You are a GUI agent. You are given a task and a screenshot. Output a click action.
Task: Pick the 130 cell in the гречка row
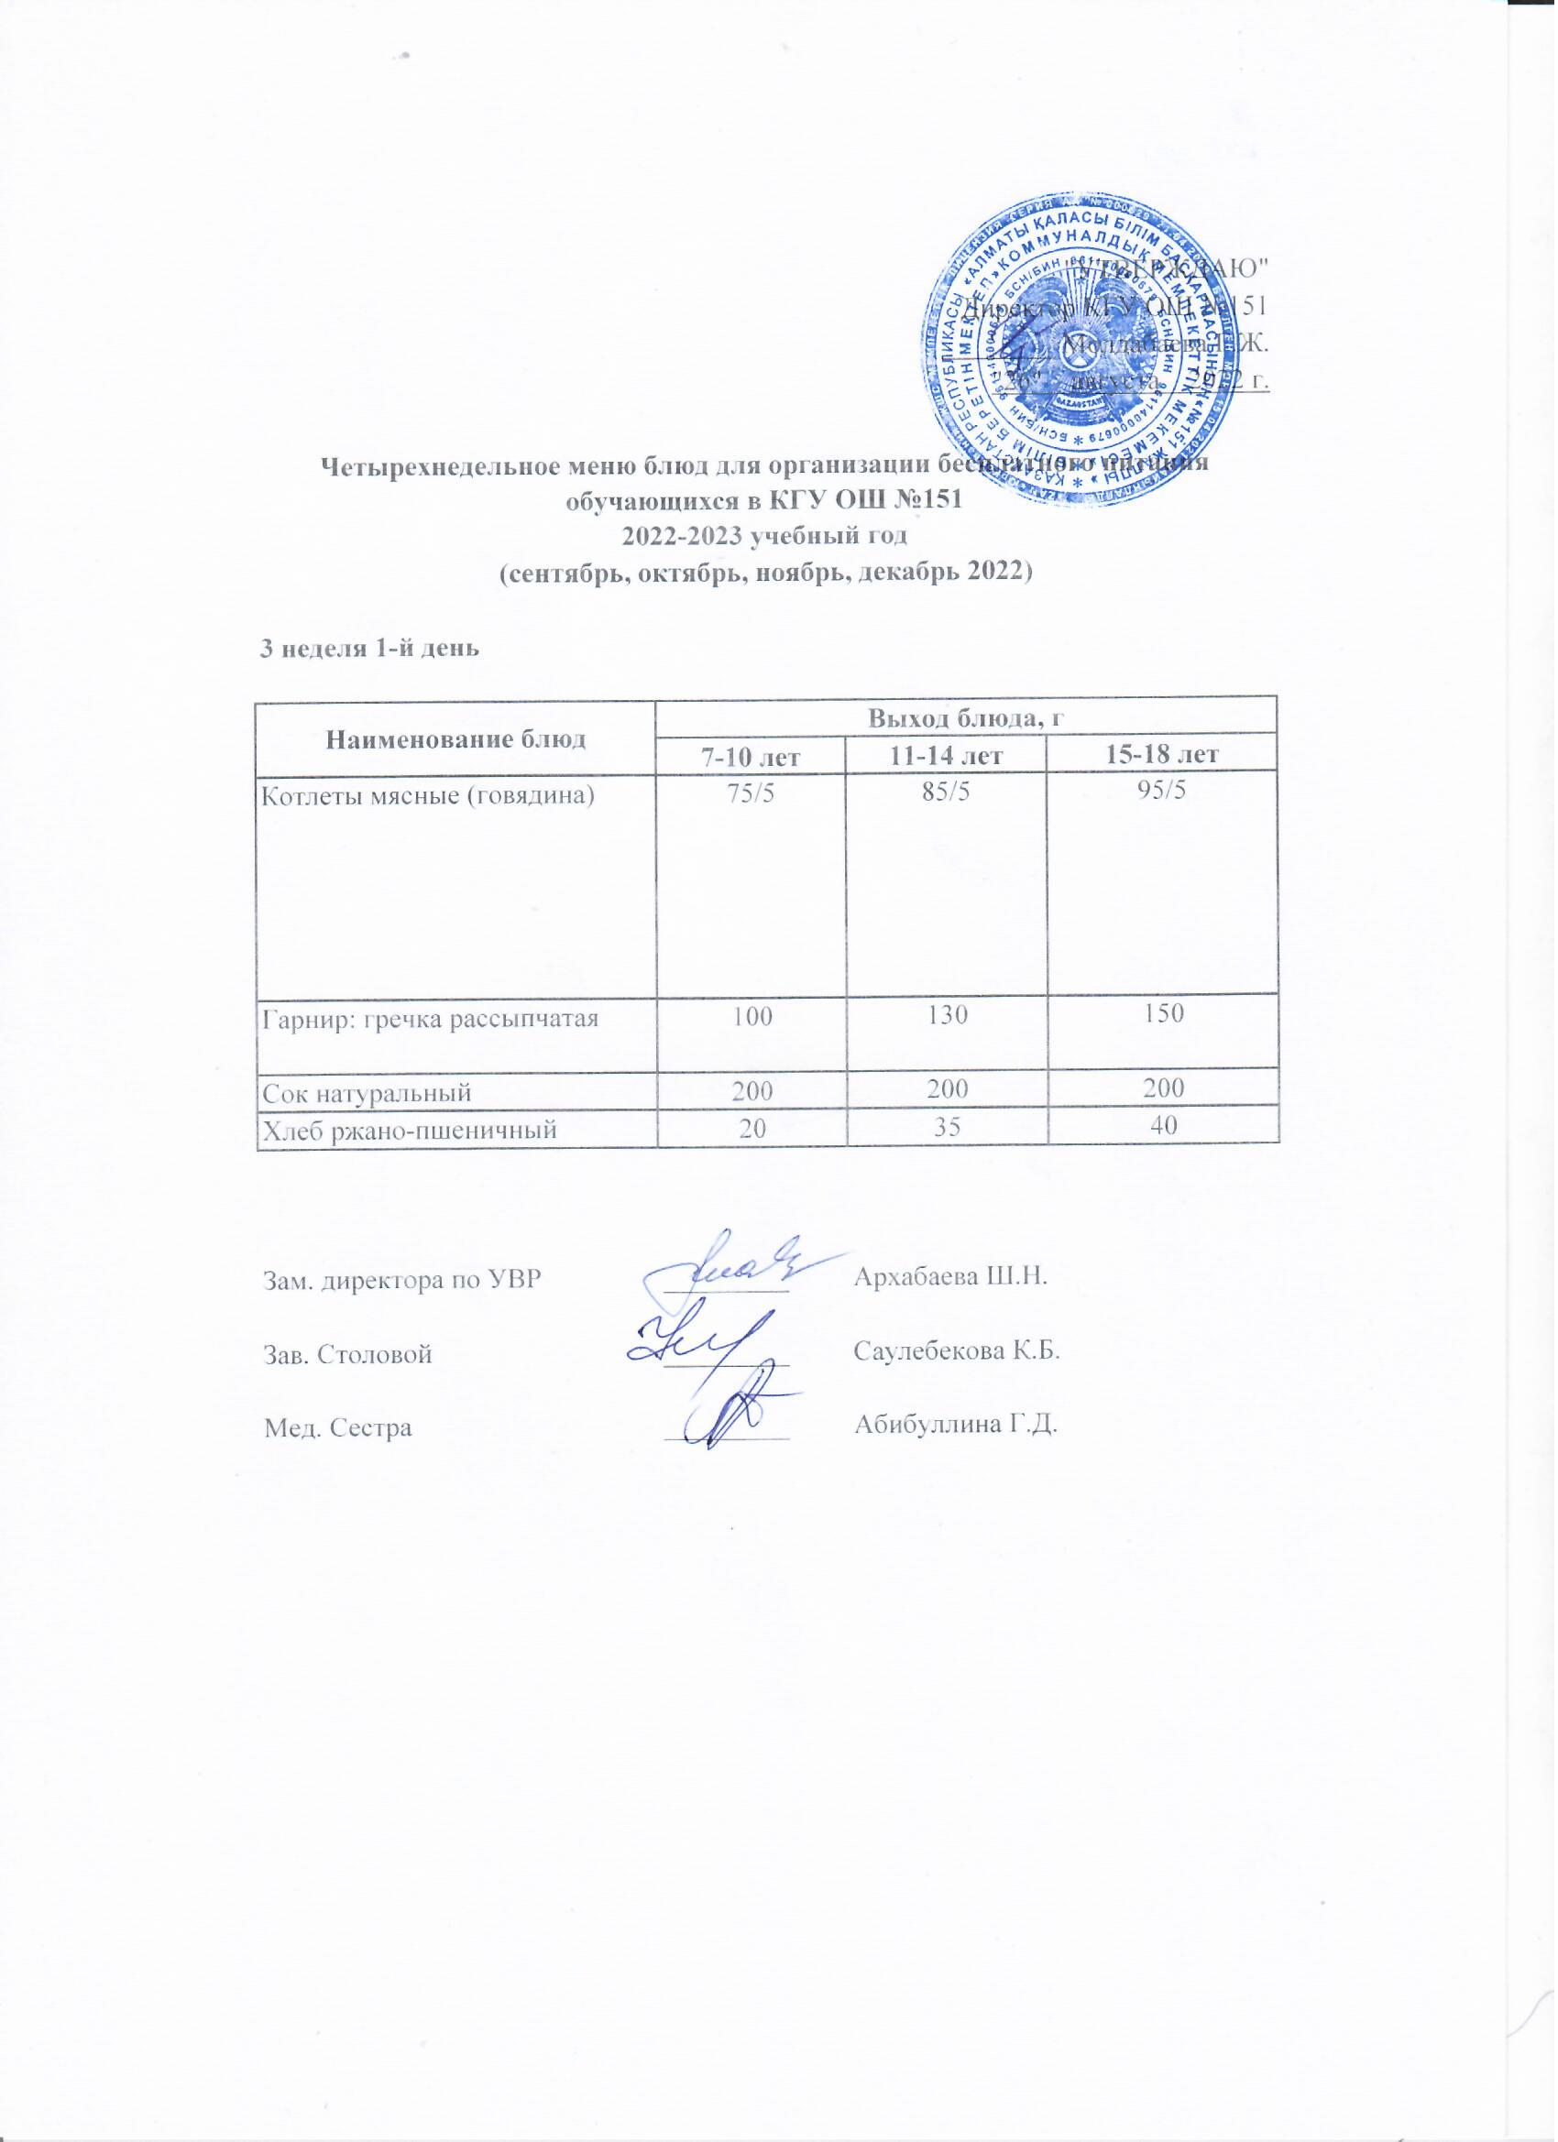pos(945,1015)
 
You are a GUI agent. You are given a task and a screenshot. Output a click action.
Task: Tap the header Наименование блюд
pos(455,738)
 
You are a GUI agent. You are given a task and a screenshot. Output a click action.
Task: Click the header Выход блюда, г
pos(966,716)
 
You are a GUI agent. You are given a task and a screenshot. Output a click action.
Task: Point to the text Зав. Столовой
pos(346,1354)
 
